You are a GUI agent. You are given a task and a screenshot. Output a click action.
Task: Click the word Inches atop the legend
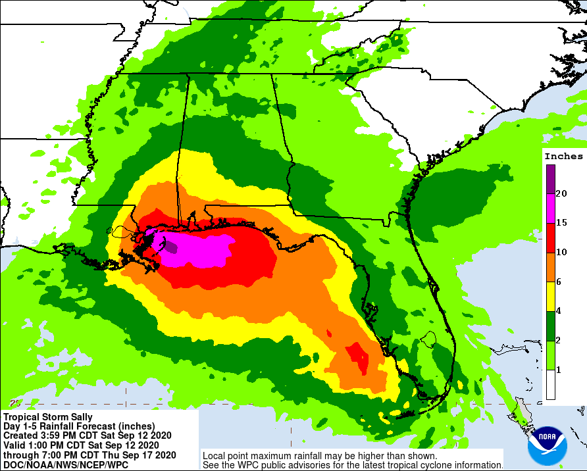564,157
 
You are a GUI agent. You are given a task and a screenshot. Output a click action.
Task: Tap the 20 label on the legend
561,193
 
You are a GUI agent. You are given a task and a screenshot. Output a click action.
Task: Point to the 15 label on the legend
561,223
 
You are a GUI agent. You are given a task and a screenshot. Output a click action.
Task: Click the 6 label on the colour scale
559,282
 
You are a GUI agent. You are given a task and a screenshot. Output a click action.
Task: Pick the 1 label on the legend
559,370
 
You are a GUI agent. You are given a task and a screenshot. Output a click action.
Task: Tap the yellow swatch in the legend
550,297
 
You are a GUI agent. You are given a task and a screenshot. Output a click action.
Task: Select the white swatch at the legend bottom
550,385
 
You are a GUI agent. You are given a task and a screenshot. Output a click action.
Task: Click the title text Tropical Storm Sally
48,417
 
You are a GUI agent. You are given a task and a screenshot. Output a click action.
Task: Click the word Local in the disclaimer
215,455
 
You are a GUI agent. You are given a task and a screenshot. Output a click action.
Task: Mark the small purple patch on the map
170,247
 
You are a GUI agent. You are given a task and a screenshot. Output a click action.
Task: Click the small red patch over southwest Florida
358,357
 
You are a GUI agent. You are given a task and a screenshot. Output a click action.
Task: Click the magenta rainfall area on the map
197,250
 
